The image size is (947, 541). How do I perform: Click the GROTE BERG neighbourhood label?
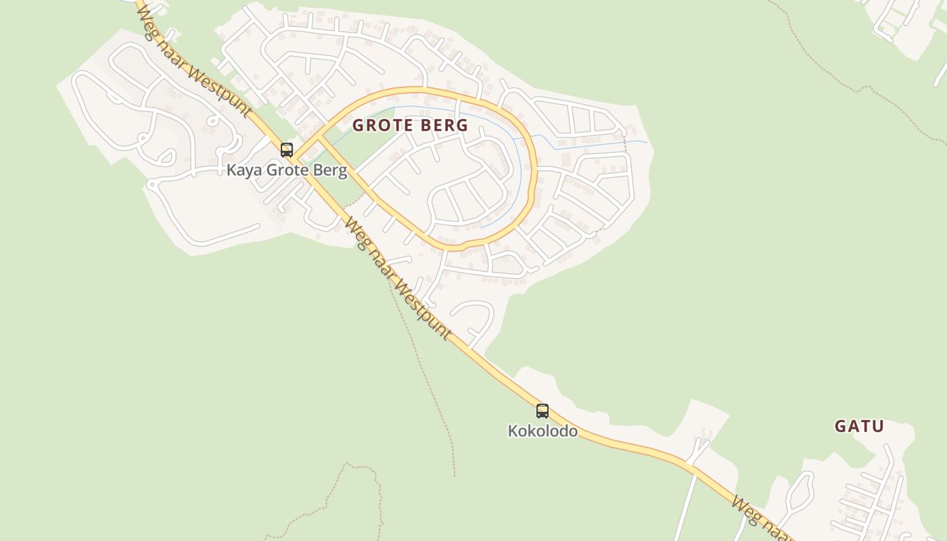(410, 125)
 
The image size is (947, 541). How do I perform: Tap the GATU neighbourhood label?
(859, 426)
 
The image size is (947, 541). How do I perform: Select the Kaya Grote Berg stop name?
(287, 170)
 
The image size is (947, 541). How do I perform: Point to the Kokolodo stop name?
(542, 431)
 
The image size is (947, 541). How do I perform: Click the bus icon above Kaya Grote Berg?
(287, 150)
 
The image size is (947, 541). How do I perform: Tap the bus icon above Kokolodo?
(542, 410)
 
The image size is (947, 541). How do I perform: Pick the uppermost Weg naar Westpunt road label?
(195, 62)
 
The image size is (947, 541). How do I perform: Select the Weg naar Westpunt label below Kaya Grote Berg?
(398, 278)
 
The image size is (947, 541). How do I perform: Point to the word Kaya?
(244, 170)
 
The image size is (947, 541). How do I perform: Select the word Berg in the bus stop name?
(331, 170)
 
